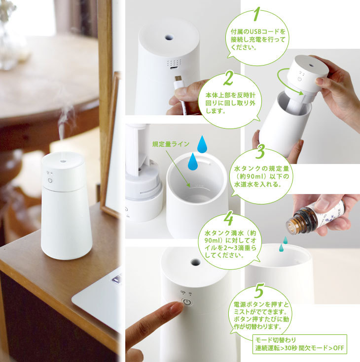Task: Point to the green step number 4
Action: tap(228, 216)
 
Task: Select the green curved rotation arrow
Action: tap(286, 81)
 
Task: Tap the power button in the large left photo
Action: tap(50, 181)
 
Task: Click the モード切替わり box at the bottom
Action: tap(300, 344)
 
